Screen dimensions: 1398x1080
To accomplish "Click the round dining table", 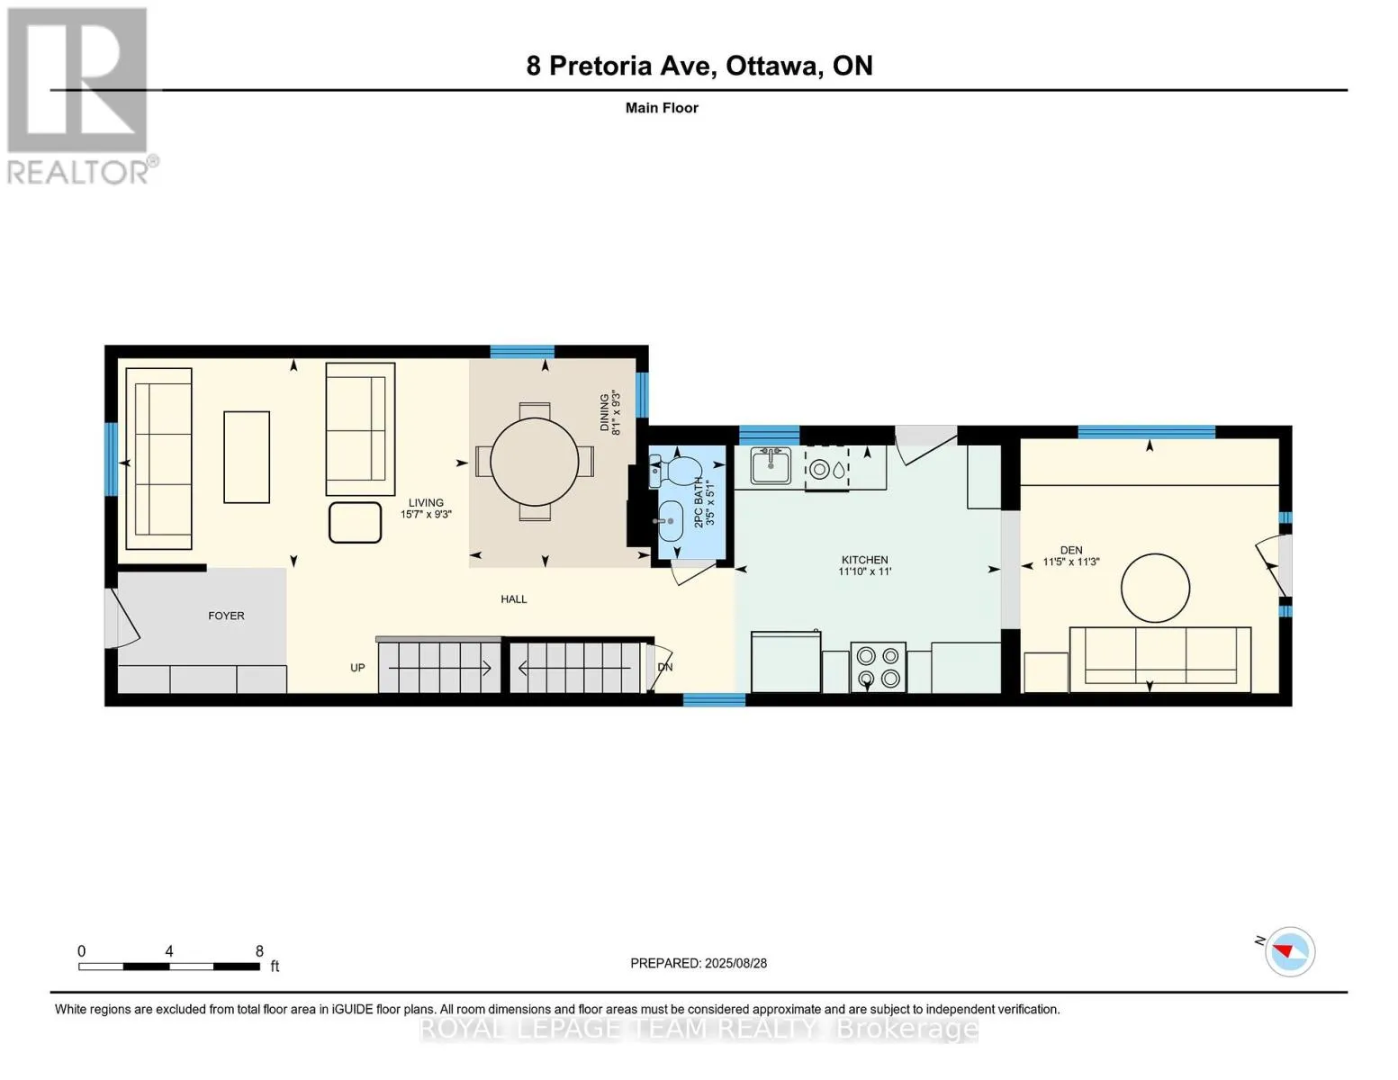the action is tap(534, 462).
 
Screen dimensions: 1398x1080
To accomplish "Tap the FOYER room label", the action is tap(226, 616).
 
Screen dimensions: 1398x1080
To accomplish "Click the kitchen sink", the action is tap(770, 466).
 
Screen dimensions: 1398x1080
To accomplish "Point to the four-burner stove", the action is tap(878, 667).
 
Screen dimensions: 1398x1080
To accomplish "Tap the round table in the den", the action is tap(1155, 588).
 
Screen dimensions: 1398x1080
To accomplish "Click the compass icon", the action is tap(1289, 951).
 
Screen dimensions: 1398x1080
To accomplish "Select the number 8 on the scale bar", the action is tap(259, 951).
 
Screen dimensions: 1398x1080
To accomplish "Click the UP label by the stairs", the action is tap(357, 668).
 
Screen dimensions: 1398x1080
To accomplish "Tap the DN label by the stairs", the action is tap(664, 667).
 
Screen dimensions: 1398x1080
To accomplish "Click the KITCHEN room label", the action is tap(865, 560).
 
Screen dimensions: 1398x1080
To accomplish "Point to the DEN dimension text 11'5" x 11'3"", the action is tap(1070, 562).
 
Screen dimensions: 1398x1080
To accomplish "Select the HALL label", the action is tap(513, 598).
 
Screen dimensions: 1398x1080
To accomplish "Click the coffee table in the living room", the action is tap(247, 456).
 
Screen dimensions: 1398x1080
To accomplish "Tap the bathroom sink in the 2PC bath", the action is tap(670, 521).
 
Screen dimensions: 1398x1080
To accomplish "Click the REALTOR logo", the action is tap(80, 96).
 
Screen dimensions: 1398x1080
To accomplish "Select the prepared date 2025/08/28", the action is tap(735, 963).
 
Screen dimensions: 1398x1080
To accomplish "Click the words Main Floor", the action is tap(662, 108).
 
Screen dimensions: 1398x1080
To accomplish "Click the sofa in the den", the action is tap(1160, 659).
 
